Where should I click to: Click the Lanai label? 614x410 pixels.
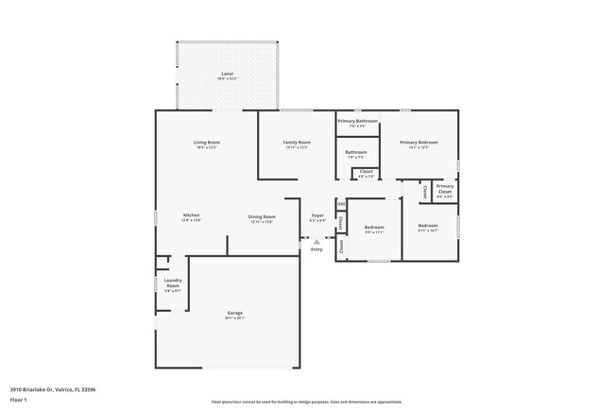(x=227, y=73)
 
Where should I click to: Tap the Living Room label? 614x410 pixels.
(x=207, y=142)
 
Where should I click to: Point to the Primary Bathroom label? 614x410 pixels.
(x=357, y=121)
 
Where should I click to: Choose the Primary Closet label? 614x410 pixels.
(x=445, y=188)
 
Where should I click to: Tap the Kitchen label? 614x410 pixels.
(x=191, y=215)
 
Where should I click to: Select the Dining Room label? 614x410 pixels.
(x=262, y=215)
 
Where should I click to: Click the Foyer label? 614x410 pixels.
(x=317, y=215)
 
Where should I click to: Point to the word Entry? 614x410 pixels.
(x=316, y=248)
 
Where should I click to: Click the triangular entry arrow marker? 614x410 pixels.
(x=316, y=241)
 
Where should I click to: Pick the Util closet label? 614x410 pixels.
(x=341, y=203)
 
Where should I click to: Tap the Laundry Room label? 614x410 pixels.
(x=173, y=282)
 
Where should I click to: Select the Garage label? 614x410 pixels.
(x=235, y=313)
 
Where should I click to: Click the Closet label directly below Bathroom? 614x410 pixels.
(x=366, y=171)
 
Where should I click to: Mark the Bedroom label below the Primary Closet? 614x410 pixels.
(x=428, y=225)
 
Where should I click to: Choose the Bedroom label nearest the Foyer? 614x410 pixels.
(x=374, y=227)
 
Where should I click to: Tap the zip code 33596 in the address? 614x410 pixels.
(x=87, y=389)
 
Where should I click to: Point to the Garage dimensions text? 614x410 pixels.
(x=235, y=318)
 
